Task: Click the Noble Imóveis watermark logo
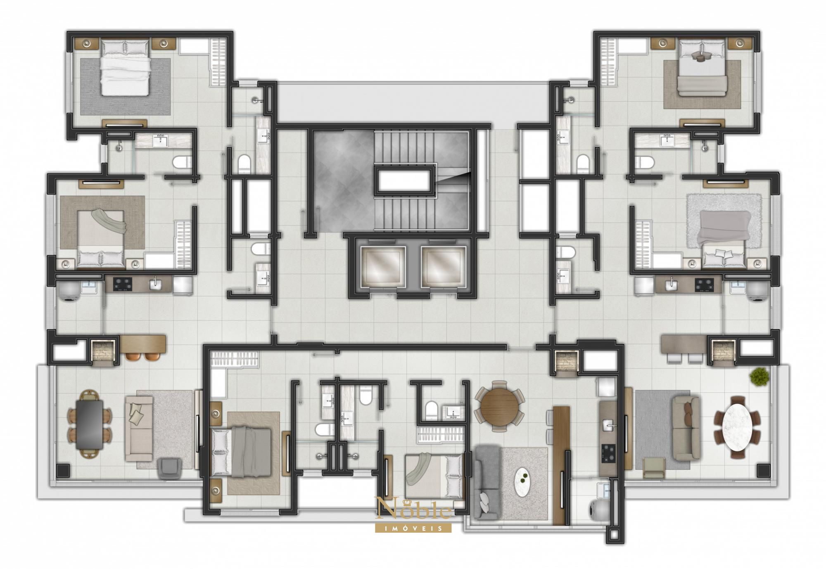tap(413, 514)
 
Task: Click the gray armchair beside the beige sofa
tap(170, 468)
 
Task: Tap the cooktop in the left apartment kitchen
tap(123, 283)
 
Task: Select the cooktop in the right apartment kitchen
tap(704, 283)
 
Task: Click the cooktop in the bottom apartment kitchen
tap(608, 452)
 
